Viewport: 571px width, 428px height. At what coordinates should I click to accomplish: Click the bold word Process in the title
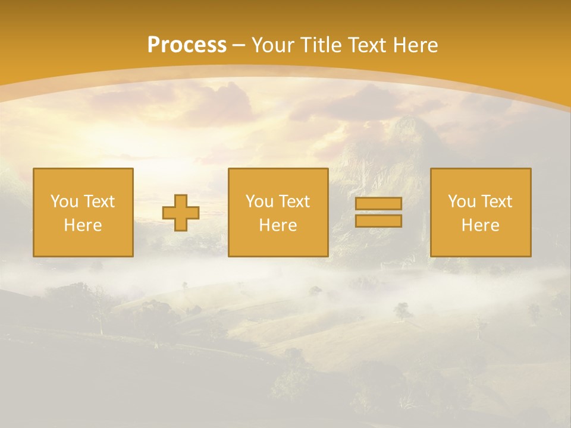pyautogui.click(x=187, y=45)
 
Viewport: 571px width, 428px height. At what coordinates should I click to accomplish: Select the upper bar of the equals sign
pyautogui.click(x=378, y=204)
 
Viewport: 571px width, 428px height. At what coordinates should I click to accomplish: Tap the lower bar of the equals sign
pyautogui.click(x=378, y=221)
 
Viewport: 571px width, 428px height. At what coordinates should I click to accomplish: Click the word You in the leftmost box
pyautogui.click(x=64, y=202)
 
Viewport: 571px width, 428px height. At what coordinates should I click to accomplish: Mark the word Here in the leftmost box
pyautogui.click(x=83, y=225)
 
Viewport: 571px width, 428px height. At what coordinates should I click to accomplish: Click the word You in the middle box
pyautogui.click(x=259, y=202)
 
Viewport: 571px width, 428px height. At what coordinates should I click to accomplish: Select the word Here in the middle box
pyautogui.click(x=278, y=225)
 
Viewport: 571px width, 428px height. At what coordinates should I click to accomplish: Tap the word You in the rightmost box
pyautogui.click(x=461, y=202)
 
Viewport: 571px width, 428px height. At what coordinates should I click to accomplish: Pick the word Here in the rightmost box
pyautogui.click(x=480, y=225)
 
